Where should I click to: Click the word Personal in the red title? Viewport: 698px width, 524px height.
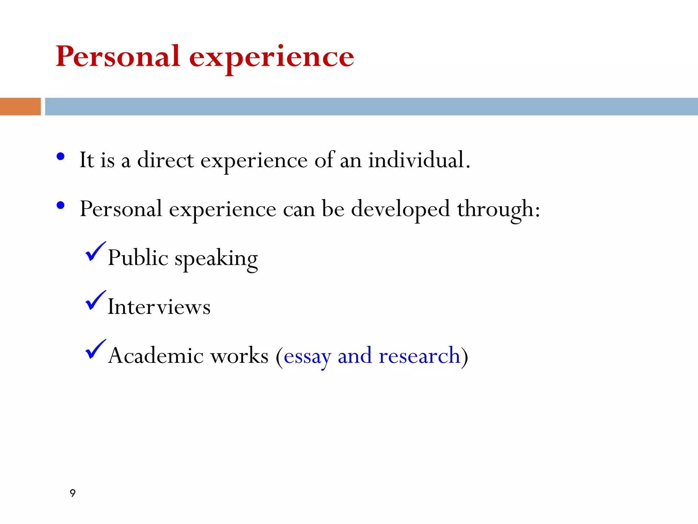pos(118,56)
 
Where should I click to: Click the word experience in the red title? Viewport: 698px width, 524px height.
pos(272,58)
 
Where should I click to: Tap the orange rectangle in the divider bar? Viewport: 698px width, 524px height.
pos(20,106)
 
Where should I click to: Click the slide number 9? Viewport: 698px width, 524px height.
pos(73,493)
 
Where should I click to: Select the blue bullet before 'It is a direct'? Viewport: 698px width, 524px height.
pos(61,157)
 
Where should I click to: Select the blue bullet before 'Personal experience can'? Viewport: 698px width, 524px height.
pos(61,205)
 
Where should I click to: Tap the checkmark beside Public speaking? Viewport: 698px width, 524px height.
pos(95,252)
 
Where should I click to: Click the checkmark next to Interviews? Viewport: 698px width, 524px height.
pos(95,301)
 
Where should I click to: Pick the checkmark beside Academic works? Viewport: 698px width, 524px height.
pos(95,349)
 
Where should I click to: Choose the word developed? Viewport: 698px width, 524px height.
pos(400,209)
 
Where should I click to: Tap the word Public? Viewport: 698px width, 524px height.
pos(138,258)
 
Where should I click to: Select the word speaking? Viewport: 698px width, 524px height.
pos(216,259)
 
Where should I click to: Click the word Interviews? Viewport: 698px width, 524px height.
pos(159,307)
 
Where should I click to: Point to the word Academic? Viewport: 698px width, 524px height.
pos(156,355)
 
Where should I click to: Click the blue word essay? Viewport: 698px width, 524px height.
pos(307,357)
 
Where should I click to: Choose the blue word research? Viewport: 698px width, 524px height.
pos(419,355)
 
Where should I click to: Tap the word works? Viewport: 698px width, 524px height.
pos(239,355)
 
